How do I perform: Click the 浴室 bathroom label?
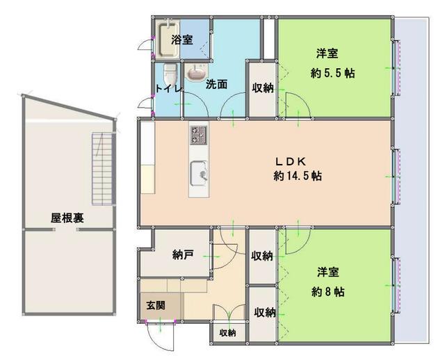coord(181,40)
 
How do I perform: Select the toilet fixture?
coord(170,73)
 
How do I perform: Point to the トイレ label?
coord(168,88)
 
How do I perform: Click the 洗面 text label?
coord(216,85)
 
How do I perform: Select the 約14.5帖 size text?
coord(297,176)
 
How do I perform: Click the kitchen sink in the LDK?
coord(198,170)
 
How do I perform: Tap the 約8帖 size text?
coord(327,292)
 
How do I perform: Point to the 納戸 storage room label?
coord(182,255)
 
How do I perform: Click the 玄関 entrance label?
coord(155,304)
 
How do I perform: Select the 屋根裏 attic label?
coord(67,218)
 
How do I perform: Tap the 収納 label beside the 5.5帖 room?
coord(262,88)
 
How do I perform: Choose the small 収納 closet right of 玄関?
coord(227,333)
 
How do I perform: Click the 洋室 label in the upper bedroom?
coord(327,53)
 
